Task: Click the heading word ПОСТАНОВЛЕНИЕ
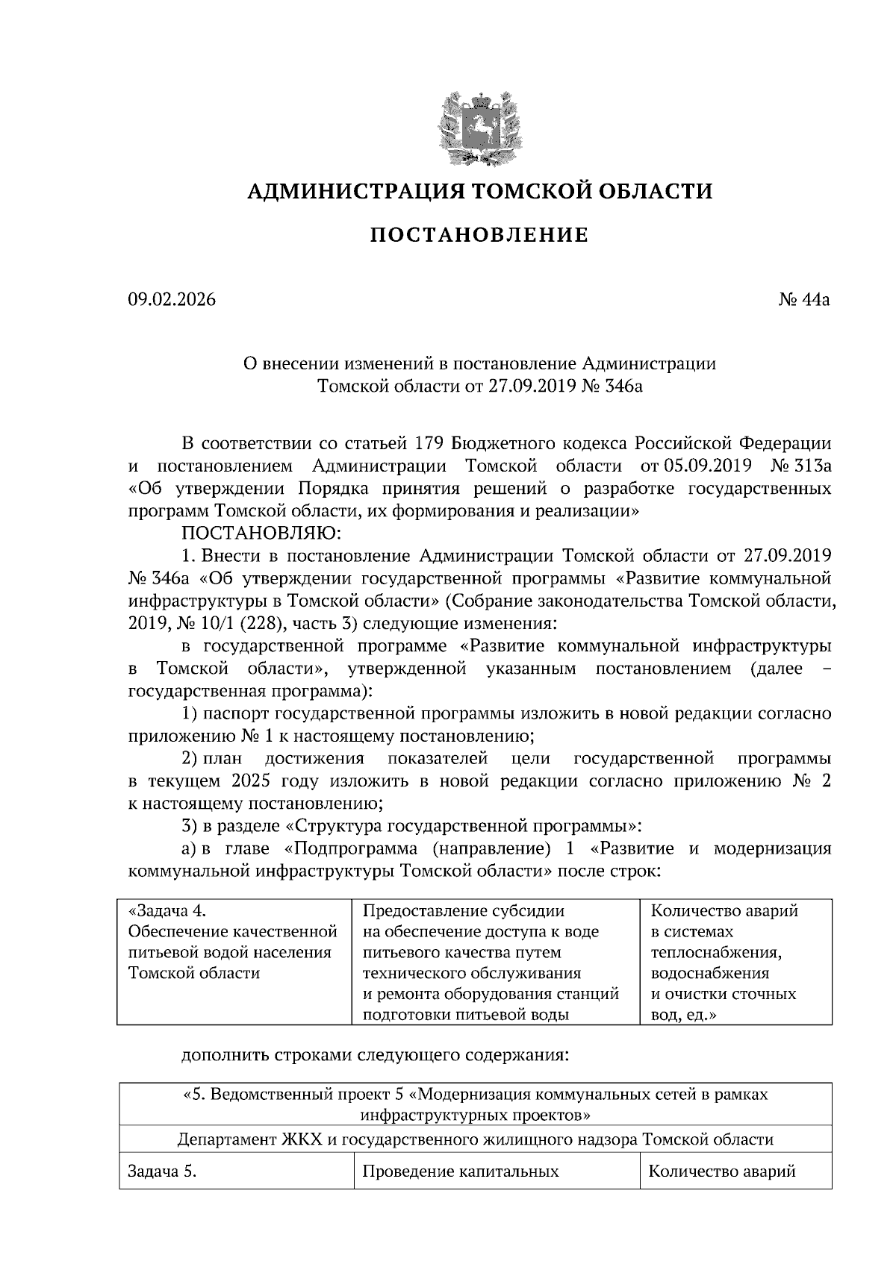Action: tap(479, 236)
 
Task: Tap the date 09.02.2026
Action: tap(171, 300)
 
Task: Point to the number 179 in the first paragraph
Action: tap(430, 444)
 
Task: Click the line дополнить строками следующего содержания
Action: tap(375, 1056)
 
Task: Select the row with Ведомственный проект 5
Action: tap(476, 1104)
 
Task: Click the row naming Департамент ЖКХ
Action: tap(476, 1139)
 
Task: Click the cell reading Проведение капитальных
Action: tap(460, 1171)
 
